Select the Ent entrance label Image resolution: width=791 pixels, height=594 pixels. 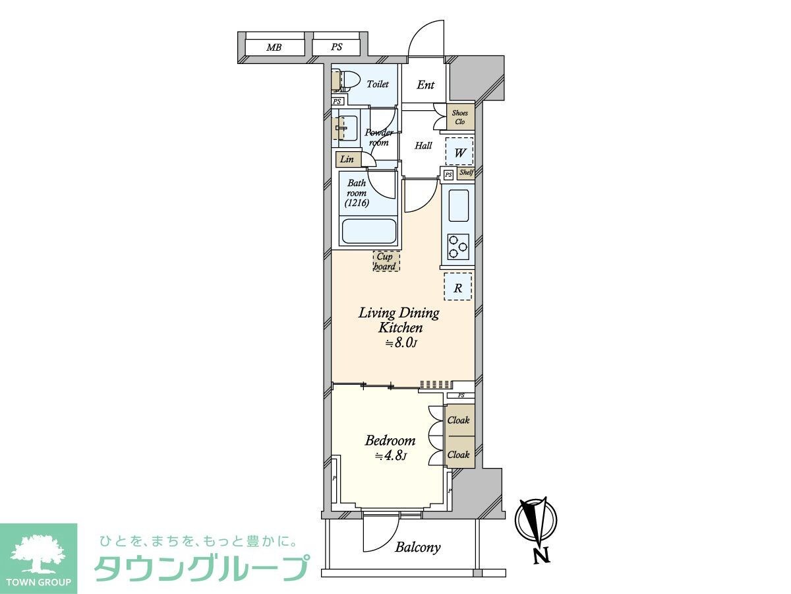[x=426, y=85]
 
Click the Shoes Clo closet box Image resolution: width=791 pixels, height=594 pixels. [x=460, y=117]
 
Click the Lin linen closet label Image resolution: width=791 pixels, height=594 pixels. [x=347, y=159]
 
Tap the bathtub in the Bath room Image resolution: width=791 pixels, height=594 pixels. [x=368, y=231]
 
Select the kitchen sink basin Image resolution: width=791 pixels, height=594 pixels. [x=459, y=205]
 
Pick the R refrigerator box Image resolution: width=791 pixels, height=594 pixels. [x=457, y=287]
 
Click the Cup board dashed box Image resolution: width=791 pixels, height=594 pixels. [x=385, y=261]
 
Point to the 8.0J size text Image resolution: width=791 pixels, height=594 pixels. [x=401, y=343]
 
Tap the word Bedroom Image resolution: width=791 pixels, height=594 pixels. [x=390, y=440]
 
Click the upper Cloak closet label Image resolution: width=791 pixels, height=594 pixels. [x=459, y=420]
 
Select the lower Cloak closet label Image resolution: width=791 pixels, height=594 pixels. [x=459, y=454]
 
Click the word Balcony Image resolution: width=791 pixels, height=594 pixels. [x=418, y=547]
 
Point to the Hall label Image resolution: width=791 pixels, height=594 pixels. [x=423, y=145]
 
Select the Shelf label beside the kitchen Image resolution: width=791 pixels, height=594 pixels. [x=466, y=174]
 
